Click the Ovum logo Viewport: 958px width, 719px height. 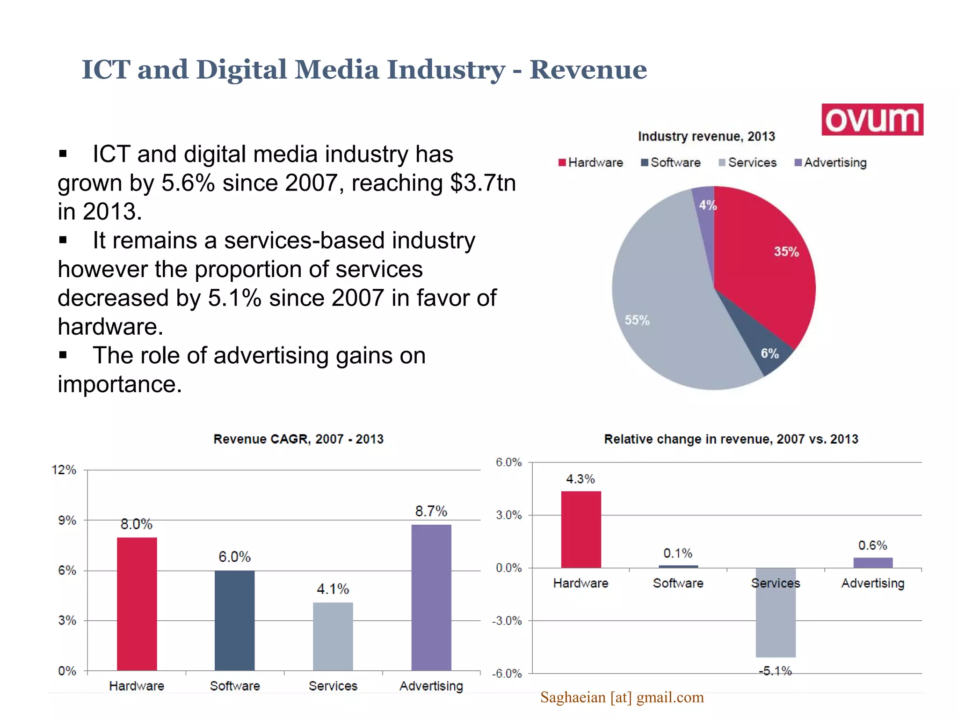coord(872,120)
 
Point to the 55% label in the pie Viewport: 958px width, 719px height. coord(637,320)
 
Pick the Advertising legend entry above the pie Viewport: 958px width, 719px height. coord(831,162)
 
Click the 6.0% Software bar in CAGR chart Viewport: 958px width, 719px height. coord(234,620)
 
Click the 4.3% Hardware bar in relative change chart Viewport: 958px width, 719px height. coord(581,529)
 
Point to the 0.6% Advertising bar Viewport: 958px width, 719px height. coord(872,563)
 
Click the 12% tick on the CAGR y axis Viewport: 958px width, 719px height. coord(64,470)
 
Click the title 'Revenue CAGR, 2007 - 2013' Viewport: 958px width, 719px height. coord(298,439)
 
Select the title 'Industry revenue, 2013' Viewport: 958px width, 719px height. coord(706,136)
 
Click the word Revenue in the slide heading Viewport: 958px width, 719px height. coord(588,70)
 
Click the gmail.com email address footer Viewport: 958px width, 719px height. coord(622,697)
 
